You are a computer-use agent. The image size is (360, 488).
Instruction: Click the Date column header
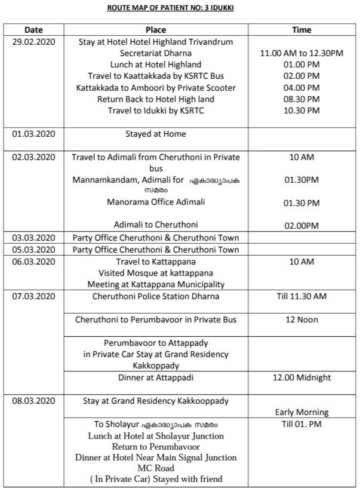pyautogui.click(x=33, y=29)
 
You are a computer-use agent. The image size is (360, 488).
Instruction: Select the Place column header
pyautogui.click(x=156, y=29)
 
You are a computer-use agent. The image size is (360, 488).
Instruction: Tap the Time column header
pyautogui.click(x=301, y=29)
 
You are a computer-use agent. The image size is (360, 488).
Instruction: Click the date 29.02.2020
pyautogui.click(x=33, y=42)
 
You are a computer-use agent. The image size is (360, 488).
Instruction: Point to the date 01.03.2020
pyautogui.click(x=33, y=134)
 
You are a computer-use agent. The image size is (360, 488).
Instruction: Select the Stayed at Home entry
pyautogui.click(x=156, y=134)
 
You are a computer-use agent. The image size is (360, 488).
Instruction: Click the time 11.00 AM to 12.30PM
pyautogui.click(x=301, y=53)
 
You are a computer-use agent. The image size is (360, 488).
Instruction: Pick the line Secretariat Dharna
pyautogui.click(x=156, y=53)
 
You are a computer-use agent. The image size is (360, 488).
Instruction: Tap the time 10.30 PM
pyautogui.click(x=301, y=111)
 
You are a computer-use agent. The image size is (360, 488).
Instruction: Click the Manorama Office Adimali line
pyautogui.click(x=156, y=202)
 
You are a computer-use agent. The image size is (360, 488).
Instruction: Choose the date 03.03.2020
pyautogui.click(x=33, y=238)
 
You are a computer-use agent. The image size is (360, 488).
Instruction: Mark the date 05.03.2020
pyautogui.click(x=33, y=250)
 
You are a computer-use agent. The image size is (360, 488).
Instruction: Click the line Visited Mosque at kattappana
pyautogui.click(x=156, y=273)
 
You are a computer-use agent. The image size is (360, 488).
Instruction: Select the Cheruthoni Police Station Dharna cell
pyautogui.click(x=156, y=296)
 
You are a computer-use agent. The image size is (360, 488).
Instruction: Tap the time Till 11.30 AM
pyautogui.click(x=301, y=296)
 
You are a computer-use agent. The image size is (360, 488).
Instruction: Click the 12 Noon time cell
pyautogui.click(x=301, y=320)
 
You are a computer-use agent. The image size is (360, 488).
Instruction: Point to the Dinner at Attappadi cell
pyautogui.click(x=156, y=377)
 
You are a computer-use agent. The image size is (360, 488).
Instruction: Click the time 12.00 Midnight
pyautogui.click(x=301, y=377)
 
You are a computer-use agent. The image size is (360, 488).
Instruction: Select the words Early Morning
pyautogui.click(x=301, y=412)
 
